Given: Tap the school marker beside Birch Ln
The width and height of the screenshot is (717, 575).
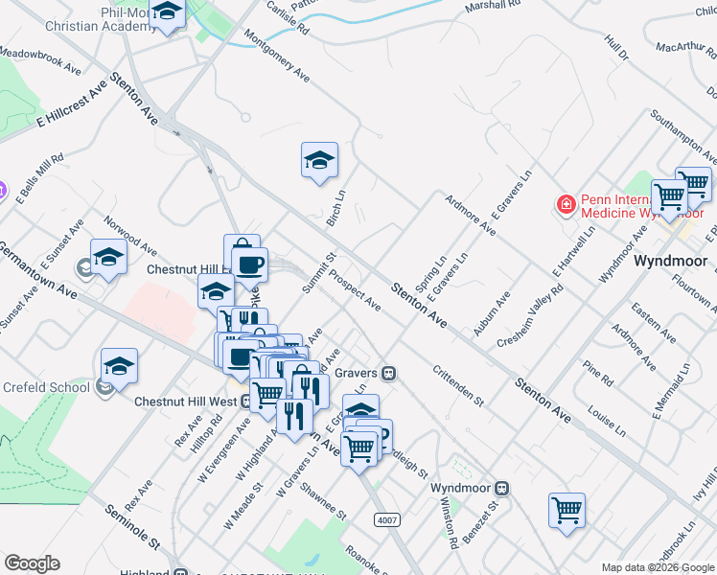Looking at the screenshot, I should pos(319,160).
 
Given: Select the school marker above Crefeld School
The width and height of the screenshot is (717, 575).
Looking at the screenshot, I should pos(119,366).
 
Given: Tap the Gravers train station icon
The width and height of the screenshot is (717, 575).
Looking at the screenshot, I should pos(389,373).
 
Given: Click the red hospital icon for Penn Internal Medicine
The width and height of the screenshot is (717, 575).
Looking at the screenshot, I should pos(567,204).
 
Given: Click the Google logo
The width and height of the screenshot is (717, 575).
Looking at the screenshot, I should pos(32,563).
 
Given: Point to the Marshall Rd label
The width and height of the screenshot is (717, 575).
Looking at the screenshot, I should pos(491,6).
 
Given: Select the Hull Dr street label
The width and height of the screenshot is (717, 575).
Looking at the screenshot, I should pos(615,47).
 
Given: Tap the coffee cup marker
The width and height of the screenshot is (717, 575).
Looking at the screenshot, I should pos(249,264).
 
